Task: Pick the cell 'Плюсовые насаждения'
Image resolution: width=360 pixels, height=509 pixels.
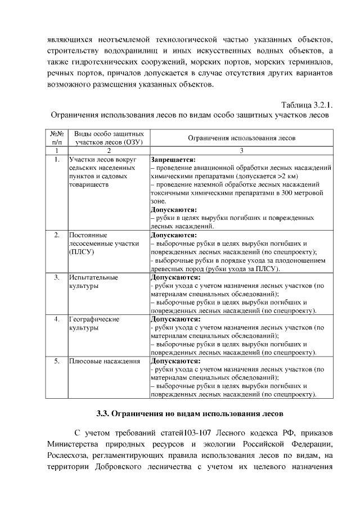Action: click(104, 361)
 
